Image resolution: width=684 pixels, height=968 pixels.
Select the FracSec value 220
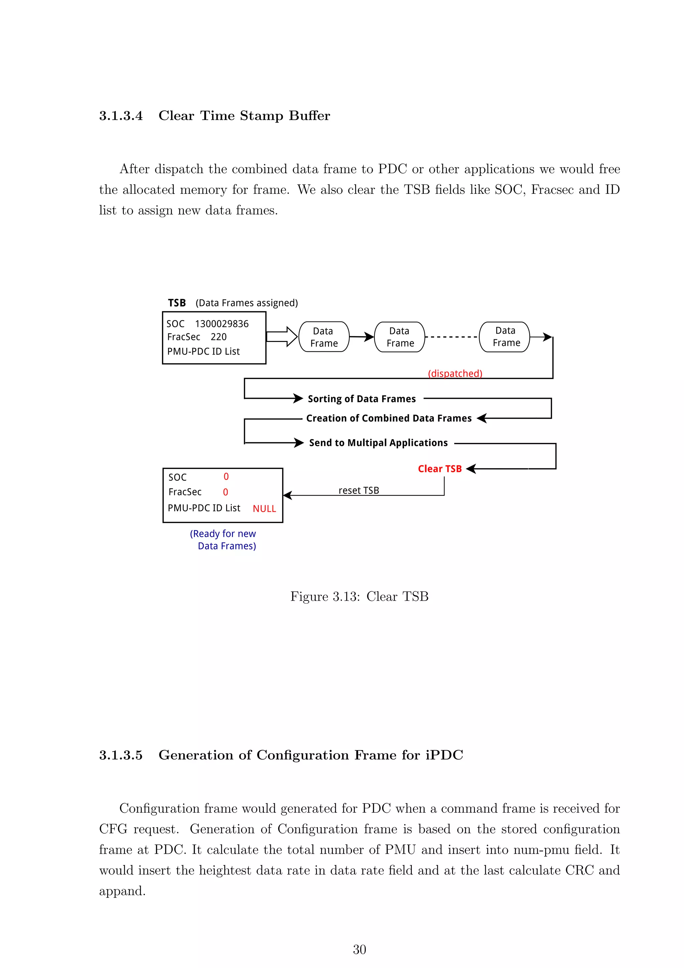[x=219, y=337]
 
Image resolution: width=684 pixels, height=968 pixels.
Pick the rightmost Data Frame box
[x=505, y=337]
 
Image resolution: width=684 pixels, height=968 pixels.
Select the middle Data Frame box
[x=400, y=337]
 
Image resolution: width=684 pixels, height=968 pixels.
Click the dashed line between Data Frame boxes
[x=452, y=337]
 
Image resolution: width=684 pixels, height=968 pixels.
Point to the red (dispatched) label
[x=455, y=374]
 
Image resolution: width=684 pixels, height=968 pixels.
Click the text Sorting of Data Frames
[x=361, y=399]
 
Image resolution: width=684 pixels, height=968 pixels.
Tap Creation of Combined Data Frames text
[x=389, y=418]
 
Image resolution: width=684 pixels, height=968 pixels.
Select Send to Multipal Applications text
[x=378, y=443]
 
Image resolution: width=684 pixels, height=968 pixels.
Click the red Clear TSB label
[x=440, y=469]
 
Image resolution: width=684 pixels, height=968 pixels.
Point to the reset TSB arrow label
[x=359, y=490]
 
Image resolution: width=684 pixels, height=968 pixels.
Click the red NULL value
[x=264, y=508]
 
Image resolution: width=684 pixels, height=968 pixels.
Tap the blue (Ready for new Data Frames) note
[x=223, y=539]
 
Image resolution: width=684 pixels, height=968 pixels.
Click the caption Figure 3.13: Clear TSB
[x=359, y=597]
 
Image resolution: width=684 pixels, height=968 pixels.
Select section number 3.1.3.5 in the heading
[x=121, y=755]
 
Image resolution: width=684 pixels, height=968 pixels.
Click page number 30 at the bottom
[x=359, y=950]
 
